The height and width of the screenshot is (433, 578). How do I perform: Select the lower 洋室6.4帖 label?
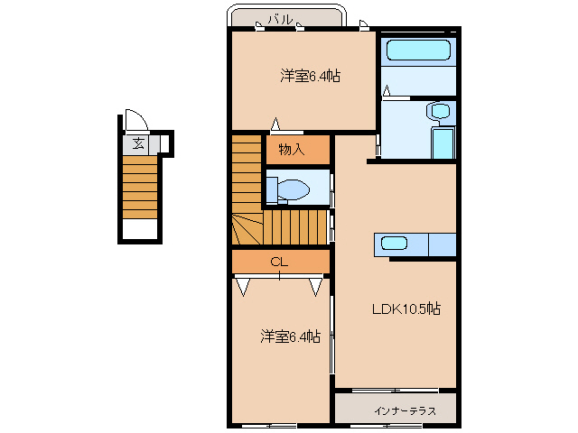[x=290, y=337]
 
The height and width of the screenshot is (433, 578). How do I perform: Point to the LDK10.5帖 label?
[x=407, y=309]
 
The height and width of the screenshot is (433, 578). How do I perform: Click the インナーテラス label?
[x=404, y=410]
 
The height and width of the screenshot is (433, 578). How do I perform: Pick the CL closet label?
[x=279, y=262]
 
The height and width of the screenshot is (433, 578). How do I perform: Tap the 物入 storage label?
[x=291, y=150]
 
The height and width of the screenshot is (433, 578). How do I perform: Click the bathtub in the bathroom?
[x=416, y=51]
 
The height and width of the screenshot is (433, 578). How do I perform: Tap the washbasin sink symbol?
[x=439, y=112]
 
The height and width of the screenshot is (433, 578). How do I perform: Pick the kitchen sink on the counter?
[x=395, y=243]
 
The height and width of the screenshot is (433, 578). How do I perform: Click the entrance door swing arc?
[x=135, y=122]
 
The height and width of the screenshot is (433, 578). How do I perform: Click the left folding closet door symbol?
[x=243, y=287]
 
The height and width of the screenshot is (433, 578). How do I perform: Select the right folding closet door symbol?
[x=316, y=287]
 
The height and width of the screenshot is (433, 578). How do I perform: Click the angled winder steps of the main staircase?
[x=247, y=229]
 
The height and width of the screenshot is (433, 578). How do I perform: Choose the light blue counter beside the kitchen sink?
[x=442, y=244]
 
